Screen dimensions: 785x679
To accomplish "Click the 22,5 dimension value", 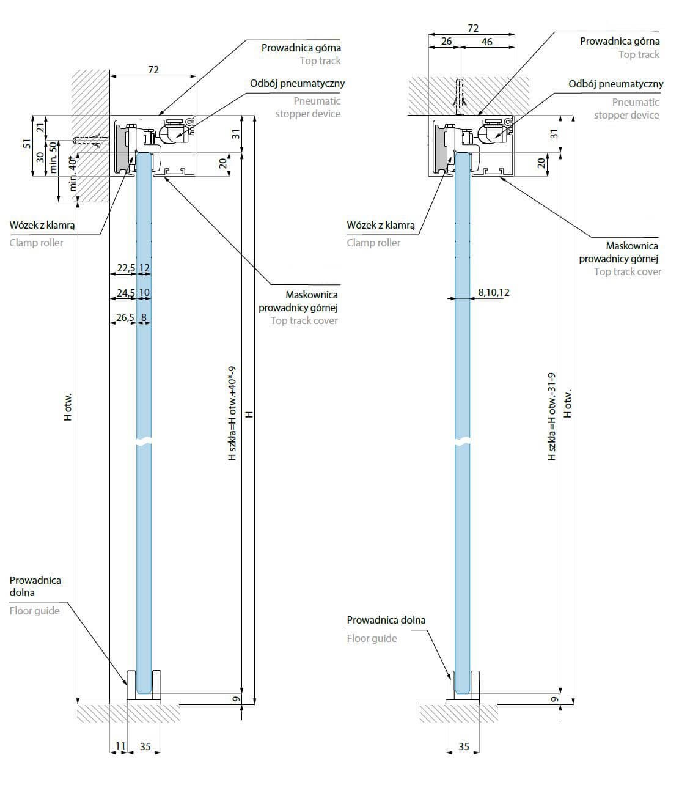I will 126,268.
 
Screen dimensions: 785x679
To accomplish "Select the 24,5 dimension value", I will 126,293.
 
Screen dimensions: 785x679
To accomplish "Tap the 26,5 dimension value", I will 126,317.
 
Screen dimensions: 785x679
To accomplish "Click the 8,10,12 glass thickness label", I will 494,292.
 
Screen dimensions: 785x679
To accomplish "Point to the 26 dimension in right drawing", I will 446,42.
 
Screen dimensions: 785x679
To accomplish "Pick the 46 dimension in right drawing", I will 486,42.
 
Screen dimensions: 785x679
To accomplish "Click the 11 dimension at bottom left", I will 120,746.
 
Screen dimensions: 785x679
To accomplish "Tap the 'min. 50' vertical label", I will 53,158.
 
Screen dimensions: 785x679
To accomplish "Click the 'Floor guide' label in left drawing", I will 35,611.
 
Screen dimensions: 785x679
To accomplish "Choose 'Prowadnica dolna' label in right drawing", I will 386,620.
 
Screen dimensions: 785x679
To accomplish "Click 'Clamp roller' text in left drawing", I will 37,243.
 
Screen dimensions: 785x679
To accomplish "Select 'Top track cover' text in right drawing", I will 628,271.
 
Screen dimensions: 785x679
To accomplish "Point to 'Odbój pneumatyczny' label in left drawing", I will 298,83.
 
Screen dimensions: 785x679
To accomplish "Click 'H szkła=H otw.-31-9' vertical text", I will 552,416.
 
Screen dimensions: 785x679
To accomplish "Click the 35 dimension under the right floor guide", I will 464,746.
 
